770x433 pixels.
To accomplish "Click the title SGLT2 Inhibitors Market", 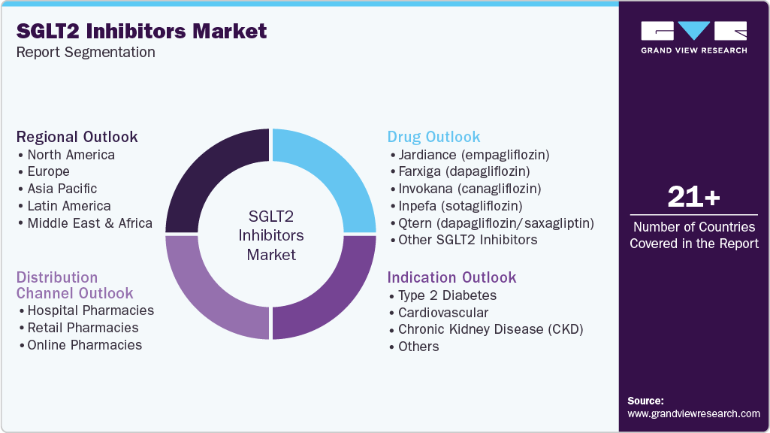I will click(x=141, y=31).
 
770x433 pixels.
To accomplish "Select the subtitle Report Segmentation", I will click(x=86, y=52).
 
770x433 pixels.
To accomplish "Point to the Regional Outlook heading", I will click(x=77, y=137).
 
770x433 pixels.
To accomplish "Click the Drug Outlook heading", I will click(x=433, y=137).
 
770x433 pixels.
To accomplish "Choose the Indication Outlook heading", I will click(x=451, y=277).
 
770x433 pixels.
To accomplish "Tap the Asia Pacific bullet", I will click(x=62, y=189).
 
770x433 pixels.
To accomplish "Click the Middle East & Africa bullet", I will click(x=89, y=223).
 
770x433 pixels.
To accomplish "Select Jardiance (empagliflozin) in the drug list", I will click(x=474, y=155).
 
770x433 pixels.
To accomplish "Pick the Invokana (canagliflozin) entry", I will click(x=470, y=189).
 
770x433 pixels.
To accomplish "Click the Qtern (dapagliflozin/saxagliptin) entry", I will click(x=496, y=223).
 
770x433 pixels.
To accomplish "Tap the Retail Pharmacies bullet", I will click(x=83, y=328).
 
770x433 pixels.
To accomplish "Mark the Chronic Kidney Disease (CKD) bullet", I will click(x=490, y=329).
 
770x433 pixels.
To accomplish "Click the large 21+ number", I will click(x=693, y=198).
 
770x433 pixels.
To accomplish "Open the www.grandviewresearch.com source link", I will click(x=693, y=413).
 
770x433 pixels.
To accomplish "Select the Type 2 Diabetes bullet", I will click(x=447, y=295).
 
